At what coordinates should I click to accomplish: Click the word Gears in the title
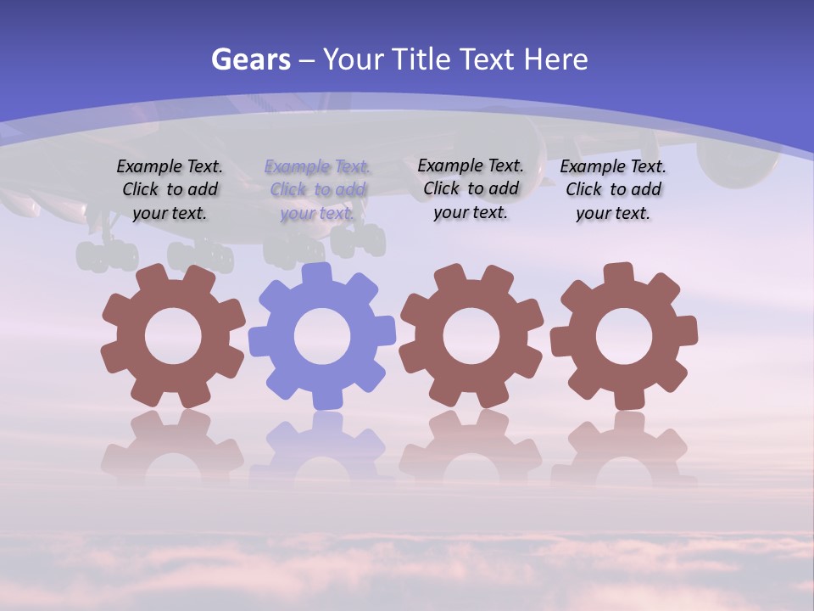click(250, 60)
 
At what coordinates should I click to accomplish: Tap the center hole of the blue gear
click(322, 336)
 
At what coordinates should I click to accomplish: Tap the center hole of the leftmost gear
click(173, 336)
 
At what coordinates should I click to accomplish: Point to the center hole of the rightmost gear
click(624, 336)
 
